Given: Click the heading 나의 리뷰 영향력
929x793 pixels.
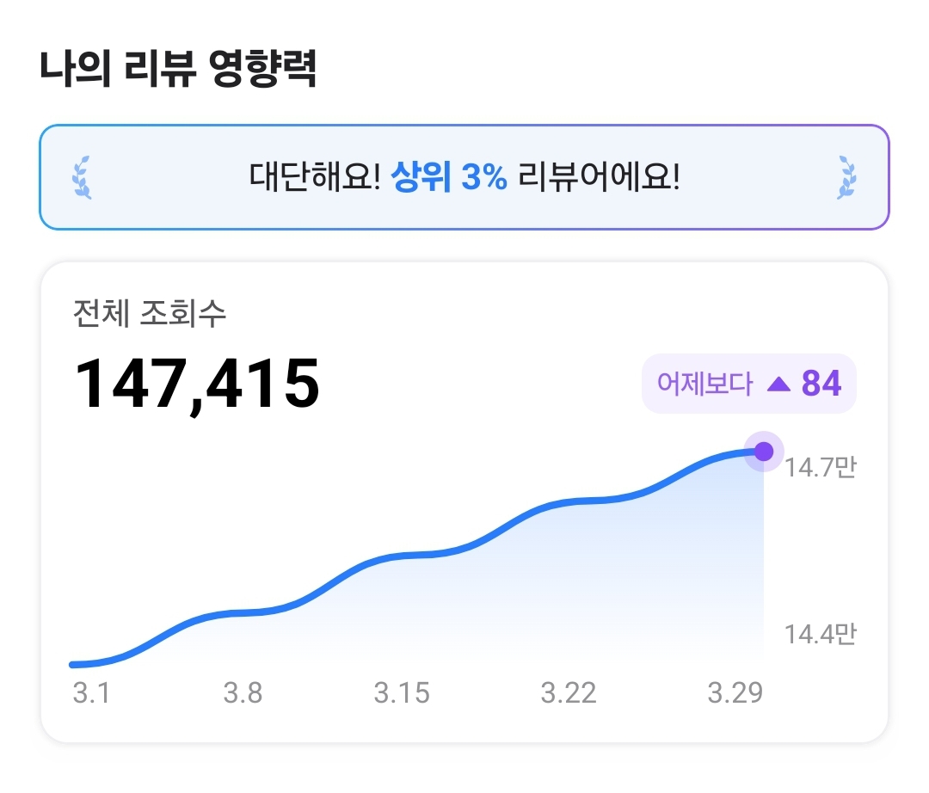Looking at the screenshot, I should point(178,70).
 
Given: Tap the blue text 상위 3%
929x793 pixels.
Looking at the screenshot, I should point(448,178).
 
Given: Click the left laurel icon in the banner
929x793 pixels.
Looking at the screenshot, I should point(82,178).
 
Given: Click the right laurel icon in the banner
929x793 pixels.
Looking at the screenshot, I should point(846,178).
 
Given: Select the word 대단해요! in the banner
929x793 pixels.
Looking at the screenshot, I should point(315,178).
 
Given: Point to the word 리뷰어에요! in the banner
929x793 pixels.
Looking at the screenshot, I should point(599,178).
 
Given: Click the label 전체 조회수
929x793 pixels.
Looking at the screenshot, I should point(150,313).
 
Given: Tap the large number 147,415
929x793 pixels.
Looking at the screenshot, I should point(198,384).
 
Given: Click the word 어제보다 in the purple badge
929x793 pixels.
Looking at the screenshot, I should point(704,384).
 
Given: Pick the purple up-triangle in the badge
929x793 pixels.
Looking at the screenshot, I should point(778,384).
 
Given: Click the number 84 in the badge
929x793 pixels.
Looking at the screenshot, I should point(821,384).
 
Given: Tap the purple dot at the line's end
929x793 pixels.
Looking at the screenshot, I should point(764,452).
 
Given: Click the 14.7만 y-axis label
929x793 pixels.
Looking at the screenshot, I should point(820,468).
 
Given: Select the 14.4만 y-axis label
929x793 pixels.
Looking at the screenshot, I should point(820,635).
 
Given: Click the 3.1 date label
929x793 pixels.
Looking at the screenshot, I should point(91,692).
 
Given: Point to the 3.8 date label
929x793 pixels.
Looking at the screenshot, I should point(243,692).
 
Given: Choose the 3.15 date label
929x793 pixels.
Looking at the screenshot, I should point(402,692).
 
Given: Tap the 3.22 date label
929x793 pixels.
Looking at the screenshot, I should point(569,692).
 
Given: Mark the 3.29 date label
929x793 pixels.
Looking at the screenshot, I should point(735,692).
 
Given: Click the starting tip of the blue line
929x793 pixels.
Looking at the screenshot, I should point(73,664).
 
